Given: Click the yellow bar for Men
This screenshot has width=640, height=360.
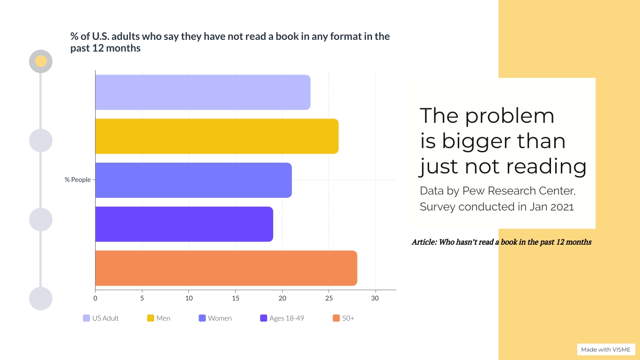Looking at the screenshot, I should point(216,136).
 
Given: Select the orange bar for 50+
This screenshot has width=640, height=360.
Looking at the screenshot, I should point(226,268).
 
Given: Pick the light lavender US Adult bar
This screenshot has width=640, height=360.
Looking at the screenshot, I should point(202,92).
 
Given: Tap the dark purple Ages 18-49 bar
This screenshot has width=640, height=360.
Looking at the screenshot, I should point(184,224).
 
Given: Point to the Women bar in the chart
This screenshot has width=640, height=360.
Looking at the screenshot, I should point(193,180).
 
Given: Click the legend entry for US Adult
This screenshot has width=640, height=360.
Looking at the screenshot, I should point(101,318).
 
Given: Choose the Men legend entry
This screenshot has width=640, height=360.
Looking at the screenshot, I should point(159,318).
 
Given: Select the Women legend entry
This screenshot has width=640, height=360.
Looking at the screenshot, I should point(215,318).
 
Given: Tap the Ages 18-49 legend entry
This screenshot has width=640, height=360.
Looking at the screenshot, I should point(282,318).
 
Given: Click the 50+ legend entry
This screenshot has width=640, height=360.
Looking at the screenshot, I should point(343,318).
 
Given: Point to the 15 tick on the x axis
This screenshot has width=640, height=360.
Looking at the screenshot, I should point(235,298).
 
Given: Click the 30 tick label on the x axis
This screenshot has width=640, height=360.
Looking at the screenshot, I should point(375,298).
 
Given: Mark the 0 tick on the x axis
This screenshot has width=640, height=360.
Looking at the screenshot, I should point(95,298).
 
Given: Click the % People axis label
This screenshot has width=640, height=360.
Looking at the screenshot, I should point(78,180).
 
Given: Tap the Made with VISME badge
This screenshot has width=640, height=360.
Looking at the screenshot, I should point(606,350).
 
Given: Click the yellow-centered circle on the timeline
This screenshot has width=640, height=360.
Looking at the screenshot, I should point(41,61).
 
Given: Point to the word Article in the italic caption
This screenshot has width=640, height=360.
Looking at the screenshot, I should point(424,242).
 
